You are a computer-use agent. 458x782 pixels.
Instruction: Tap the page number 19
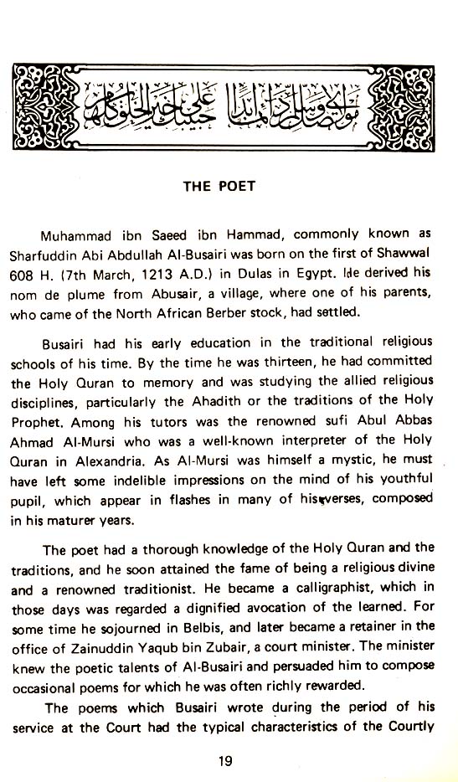point(224,761)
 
